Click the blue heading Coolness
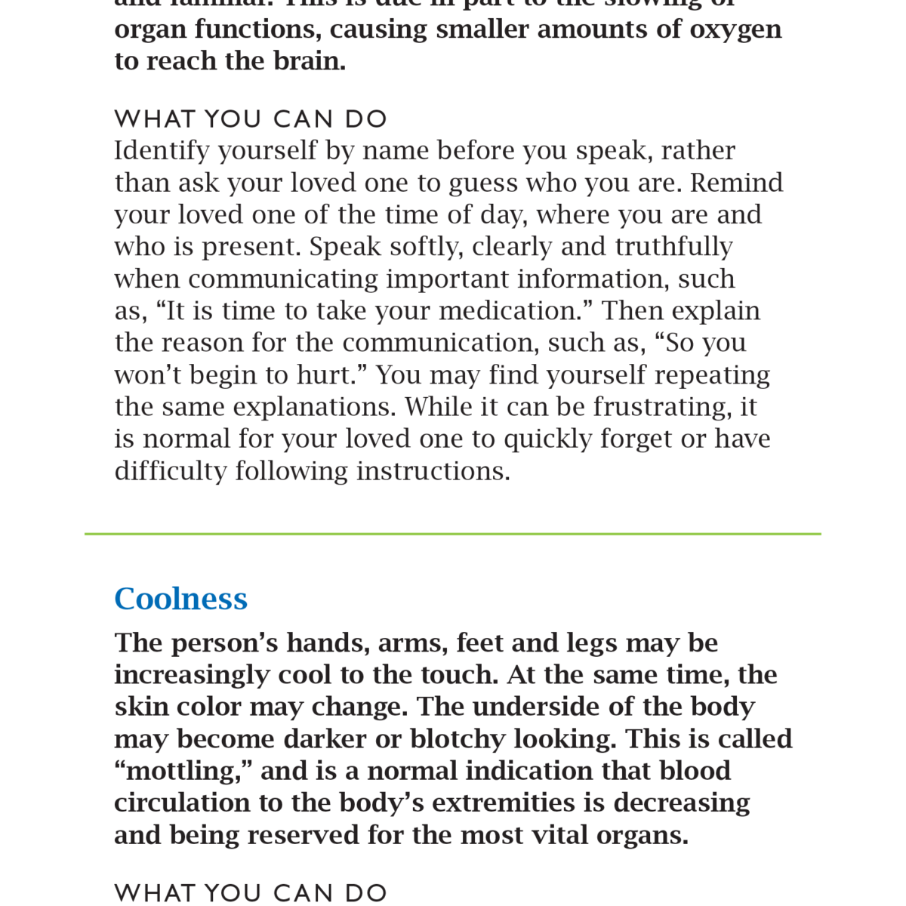click(180, 599)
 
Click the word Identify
click(162, 151)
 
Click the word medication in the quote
click(507, 311)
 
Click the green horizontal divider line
click(453, 534)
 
